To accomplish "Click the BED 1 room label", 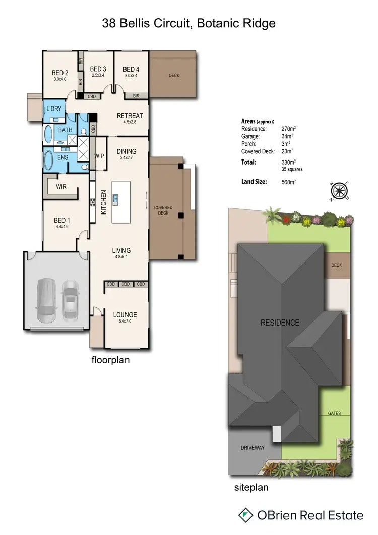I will coord(61,220).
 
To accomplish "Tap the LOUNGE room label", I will coord(124,315).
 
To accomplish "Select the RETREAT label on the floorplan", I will coord(130,116).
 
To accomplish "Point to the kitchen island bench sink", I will coord(115,199).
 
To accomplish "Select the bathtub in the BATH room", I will coord(48,136).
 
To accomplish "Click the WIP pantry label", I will coord(99,156).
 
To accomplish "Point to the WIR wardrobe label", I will coord(61,187).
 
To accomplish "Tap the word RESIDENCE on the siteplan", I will coord(280,323).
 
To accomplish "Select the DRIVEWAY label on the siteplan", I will coord(252,448).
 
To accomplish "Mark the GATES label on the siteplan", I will coord(334,413).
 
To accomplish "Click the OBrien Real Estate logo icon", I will coord(245,515).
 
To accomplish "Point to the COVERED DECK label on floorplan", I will coord(163,210).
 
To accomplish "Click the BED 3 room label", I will coord(98,69).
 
